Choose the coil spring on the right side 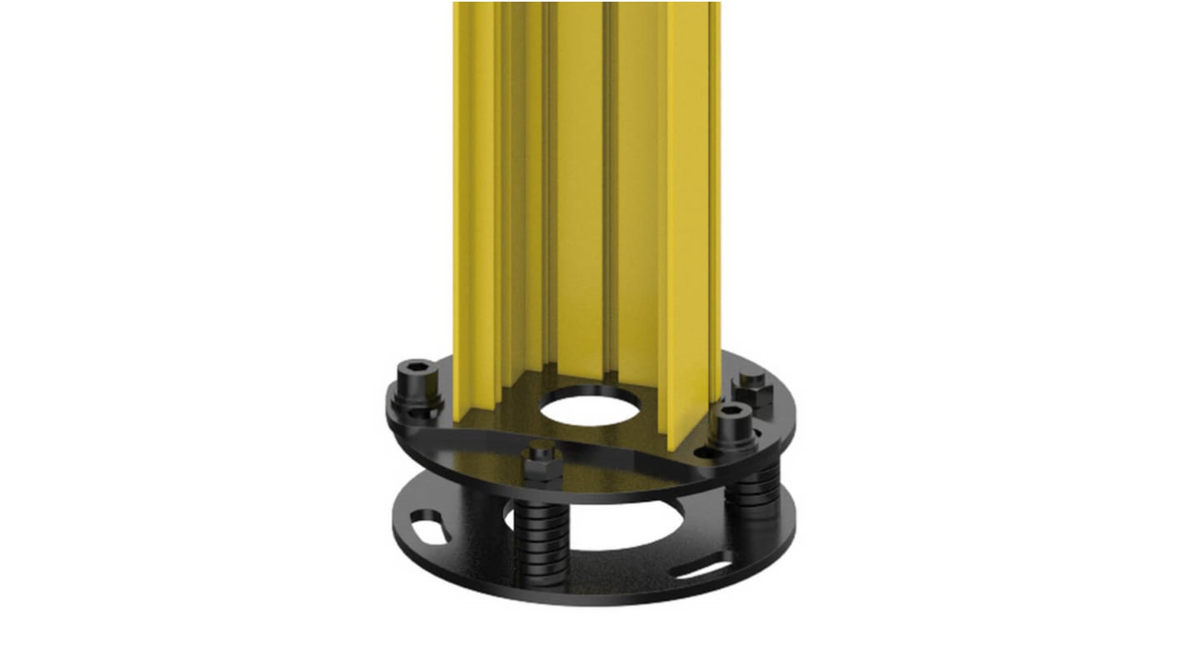click(x=756, y=496)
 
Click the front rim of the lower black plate click(x=583, y=595)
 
